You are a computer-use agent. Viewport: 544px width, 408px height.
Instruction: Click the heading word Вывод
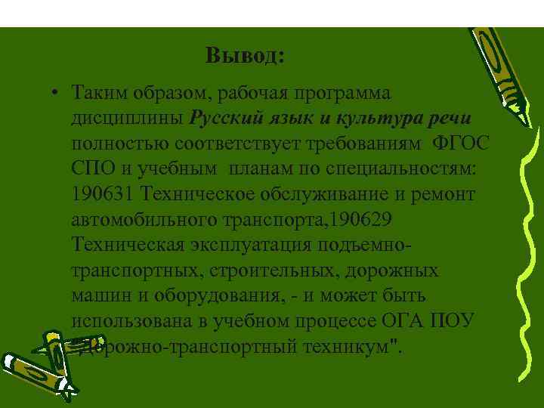(x=245, y=57)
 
